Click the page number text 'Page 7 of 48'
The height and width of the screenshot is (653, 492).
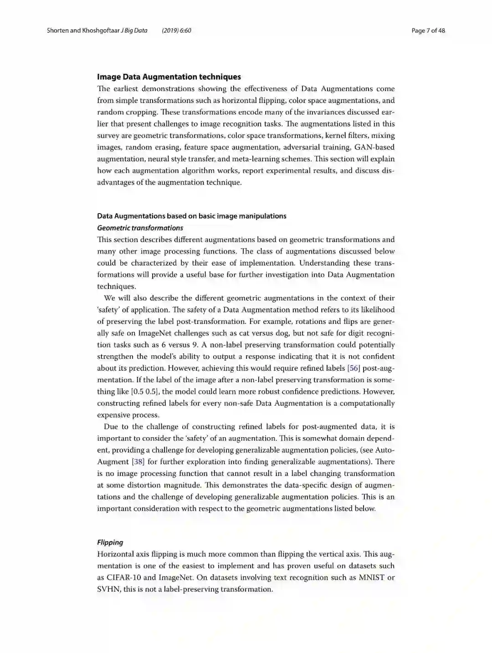point(428,31)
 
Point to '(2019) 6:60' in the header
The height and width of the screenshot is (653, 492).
point(176,31)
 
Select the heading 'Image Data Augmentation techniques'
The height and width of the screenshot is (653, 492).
point(169,77)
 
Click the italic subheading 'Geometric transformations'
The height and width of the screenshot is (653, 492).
point(140,228)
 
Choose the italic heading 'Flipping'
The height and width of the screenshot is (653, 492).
point(110,542)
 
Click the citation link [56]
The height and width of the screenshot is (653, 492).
point(354,368)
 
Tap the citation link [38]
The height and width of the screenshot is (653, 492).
point(138,462)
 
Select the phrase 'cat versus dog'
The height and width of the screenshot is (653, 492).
point(266,333)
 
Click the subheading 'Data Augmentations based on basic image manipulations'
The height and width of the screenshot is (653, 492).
point(191,216)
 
